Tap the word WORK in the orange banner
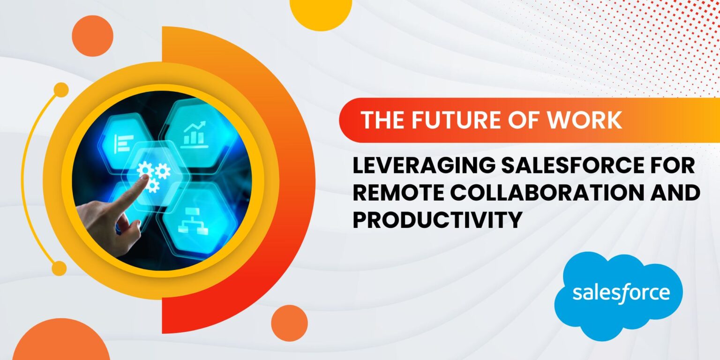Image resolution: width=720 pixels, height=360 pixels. pyautogui.click(x=585, y=120)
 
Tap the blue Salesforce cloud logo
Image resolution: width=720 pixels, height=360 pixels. pyautogui.click(x=619, y=295)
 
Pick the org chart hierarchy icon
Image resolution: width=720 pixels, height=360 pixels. pyautogui.click(x=193, y=221)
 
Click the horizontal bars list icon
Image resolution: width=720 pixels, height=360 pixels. pyautogui.click(x=123, y=144)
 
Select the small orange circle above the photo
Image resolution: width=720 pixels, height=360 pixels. pyautogui.click(x=92, y=36)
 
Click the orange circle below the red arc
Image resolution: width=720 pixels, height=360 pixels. pyautogui.click(x=290, y=323)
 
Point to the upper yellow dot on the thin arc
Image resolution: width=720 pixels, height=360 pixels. pyautogui.click(x=61, y=90)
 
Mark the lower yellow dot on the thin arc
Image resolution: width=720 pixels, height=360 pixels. pyautogui.click(x=59, y=268)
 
